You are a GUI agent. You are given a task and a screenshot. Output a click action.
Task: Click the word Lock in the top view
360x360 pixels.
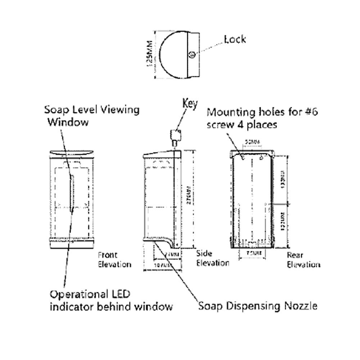[235, 39]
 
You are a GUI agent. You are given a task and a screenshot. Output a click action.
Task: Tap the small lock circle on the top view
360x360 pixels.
[192, 54]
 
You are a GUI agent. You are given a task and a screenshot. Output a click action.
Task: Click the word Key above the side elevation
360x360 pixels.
[190, 104]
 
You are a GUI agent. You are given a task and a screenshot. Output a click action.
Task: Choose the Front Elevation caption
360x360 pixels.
[114, 260]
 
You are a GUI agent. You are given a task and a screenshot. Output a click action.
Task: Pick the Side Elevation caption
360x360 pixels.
[212, 258]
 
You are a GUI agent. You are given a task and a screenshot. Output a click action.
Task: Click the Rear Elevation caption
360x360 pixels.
[303, 260]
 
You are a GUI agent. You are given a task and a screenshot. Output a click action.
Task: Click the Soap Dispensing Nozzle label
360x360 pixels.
[258, 306]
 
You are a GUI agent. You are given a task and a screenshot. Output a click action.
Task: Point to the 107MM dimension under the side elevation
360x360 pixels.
[162, 266]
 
